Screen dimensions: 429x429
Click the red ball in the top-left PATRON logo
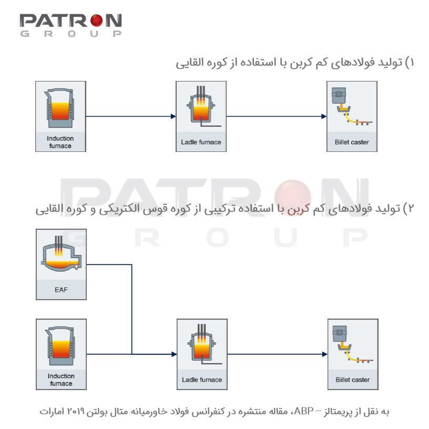pos(96,21)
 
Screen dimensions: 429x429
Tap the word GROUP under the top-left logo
pos(71,34)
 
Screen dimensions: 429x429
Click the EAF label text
pos(61,290)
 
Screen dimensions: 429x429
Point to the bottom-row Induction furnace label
pos(61,380)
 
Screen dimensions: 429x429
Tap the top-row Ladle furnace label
pos(201,142)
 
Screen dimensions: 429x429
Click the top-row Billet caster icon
pos(352,107)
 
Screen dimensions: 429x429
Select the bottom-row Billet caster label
pos(353,380)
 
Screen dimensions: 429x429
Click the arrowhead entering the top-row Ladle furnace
pos(173,116)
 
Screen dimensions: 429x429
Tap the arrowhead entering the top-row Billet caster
pos(324,116)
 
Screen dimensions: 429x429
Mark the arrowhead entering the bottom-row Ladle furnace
pos(174,354)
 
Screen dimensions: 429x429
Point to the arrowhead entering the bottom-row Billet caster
pos(325,354)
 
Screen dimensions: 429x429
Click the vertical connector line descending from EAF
pos(132,310)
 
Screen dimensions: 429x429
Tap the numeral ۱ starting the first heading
pos(412,63)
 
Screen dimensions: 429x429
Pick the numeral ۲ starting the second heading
pos(411,209)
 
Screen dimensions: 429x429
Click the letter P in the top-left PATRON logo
pos(26,21)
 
